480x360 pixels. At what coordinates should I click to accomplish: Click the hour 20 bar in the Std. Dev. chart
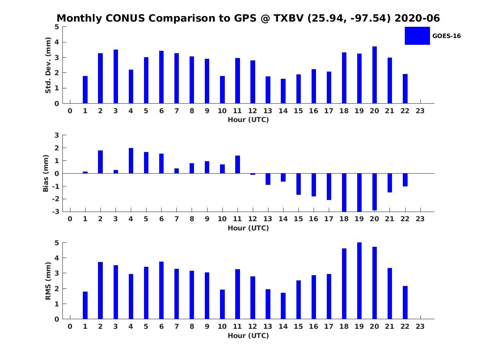click(374, 75)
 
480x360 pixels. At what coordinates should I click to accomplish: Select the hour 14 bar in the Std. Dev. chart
click(283, 91)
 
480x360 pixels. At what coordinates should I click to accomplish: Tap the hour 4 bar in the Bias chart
click(131, 161)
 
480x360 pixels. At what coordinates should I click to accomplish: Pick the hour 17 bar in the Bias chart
click(329, 187)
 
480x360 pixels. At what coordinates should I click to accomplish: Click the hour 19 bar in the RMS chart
click(359, 281)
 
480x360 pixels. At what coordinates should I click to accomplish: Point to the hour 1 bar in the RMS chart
click(85, 305)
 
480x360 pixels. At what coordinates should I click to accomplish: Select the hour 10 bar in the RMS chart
click(222, 304)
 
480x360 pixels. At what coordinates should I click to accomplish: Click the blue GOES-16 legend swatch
click(417, 36)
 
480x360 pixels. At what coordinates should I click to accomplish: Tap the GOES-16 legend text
click(446, 36)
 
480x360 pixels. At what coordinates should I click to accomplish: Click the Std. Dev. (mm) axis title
click(48, 65)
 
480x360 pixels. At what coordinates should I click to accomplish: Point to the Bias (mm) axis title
click(46, 173)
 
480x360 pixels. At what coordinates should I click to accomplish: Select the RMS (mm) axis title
click(48, 281)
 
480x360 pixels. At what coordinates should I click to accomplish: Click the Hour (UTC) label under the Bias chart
click(248, 228)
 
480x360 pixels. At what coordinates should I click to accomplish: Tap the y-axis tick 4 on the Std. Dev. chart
click(57, 42)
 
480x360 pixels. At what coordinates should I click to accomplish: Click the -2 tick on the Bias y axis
click(56, 199)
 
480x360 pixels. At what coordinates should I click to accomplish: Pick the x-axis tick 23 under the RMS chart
click(420, 326)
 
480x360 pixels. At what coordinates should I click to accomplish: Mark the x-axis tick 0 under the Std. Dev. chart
click(70, 111)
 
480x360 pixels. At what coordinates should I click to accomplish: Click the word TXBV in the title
click(289, 18)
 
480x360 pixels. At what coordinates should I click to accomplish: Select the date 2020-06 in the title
click(417, 18)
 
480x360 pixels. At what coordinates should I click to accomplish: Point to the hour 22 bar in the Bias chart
click(405, 180)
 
